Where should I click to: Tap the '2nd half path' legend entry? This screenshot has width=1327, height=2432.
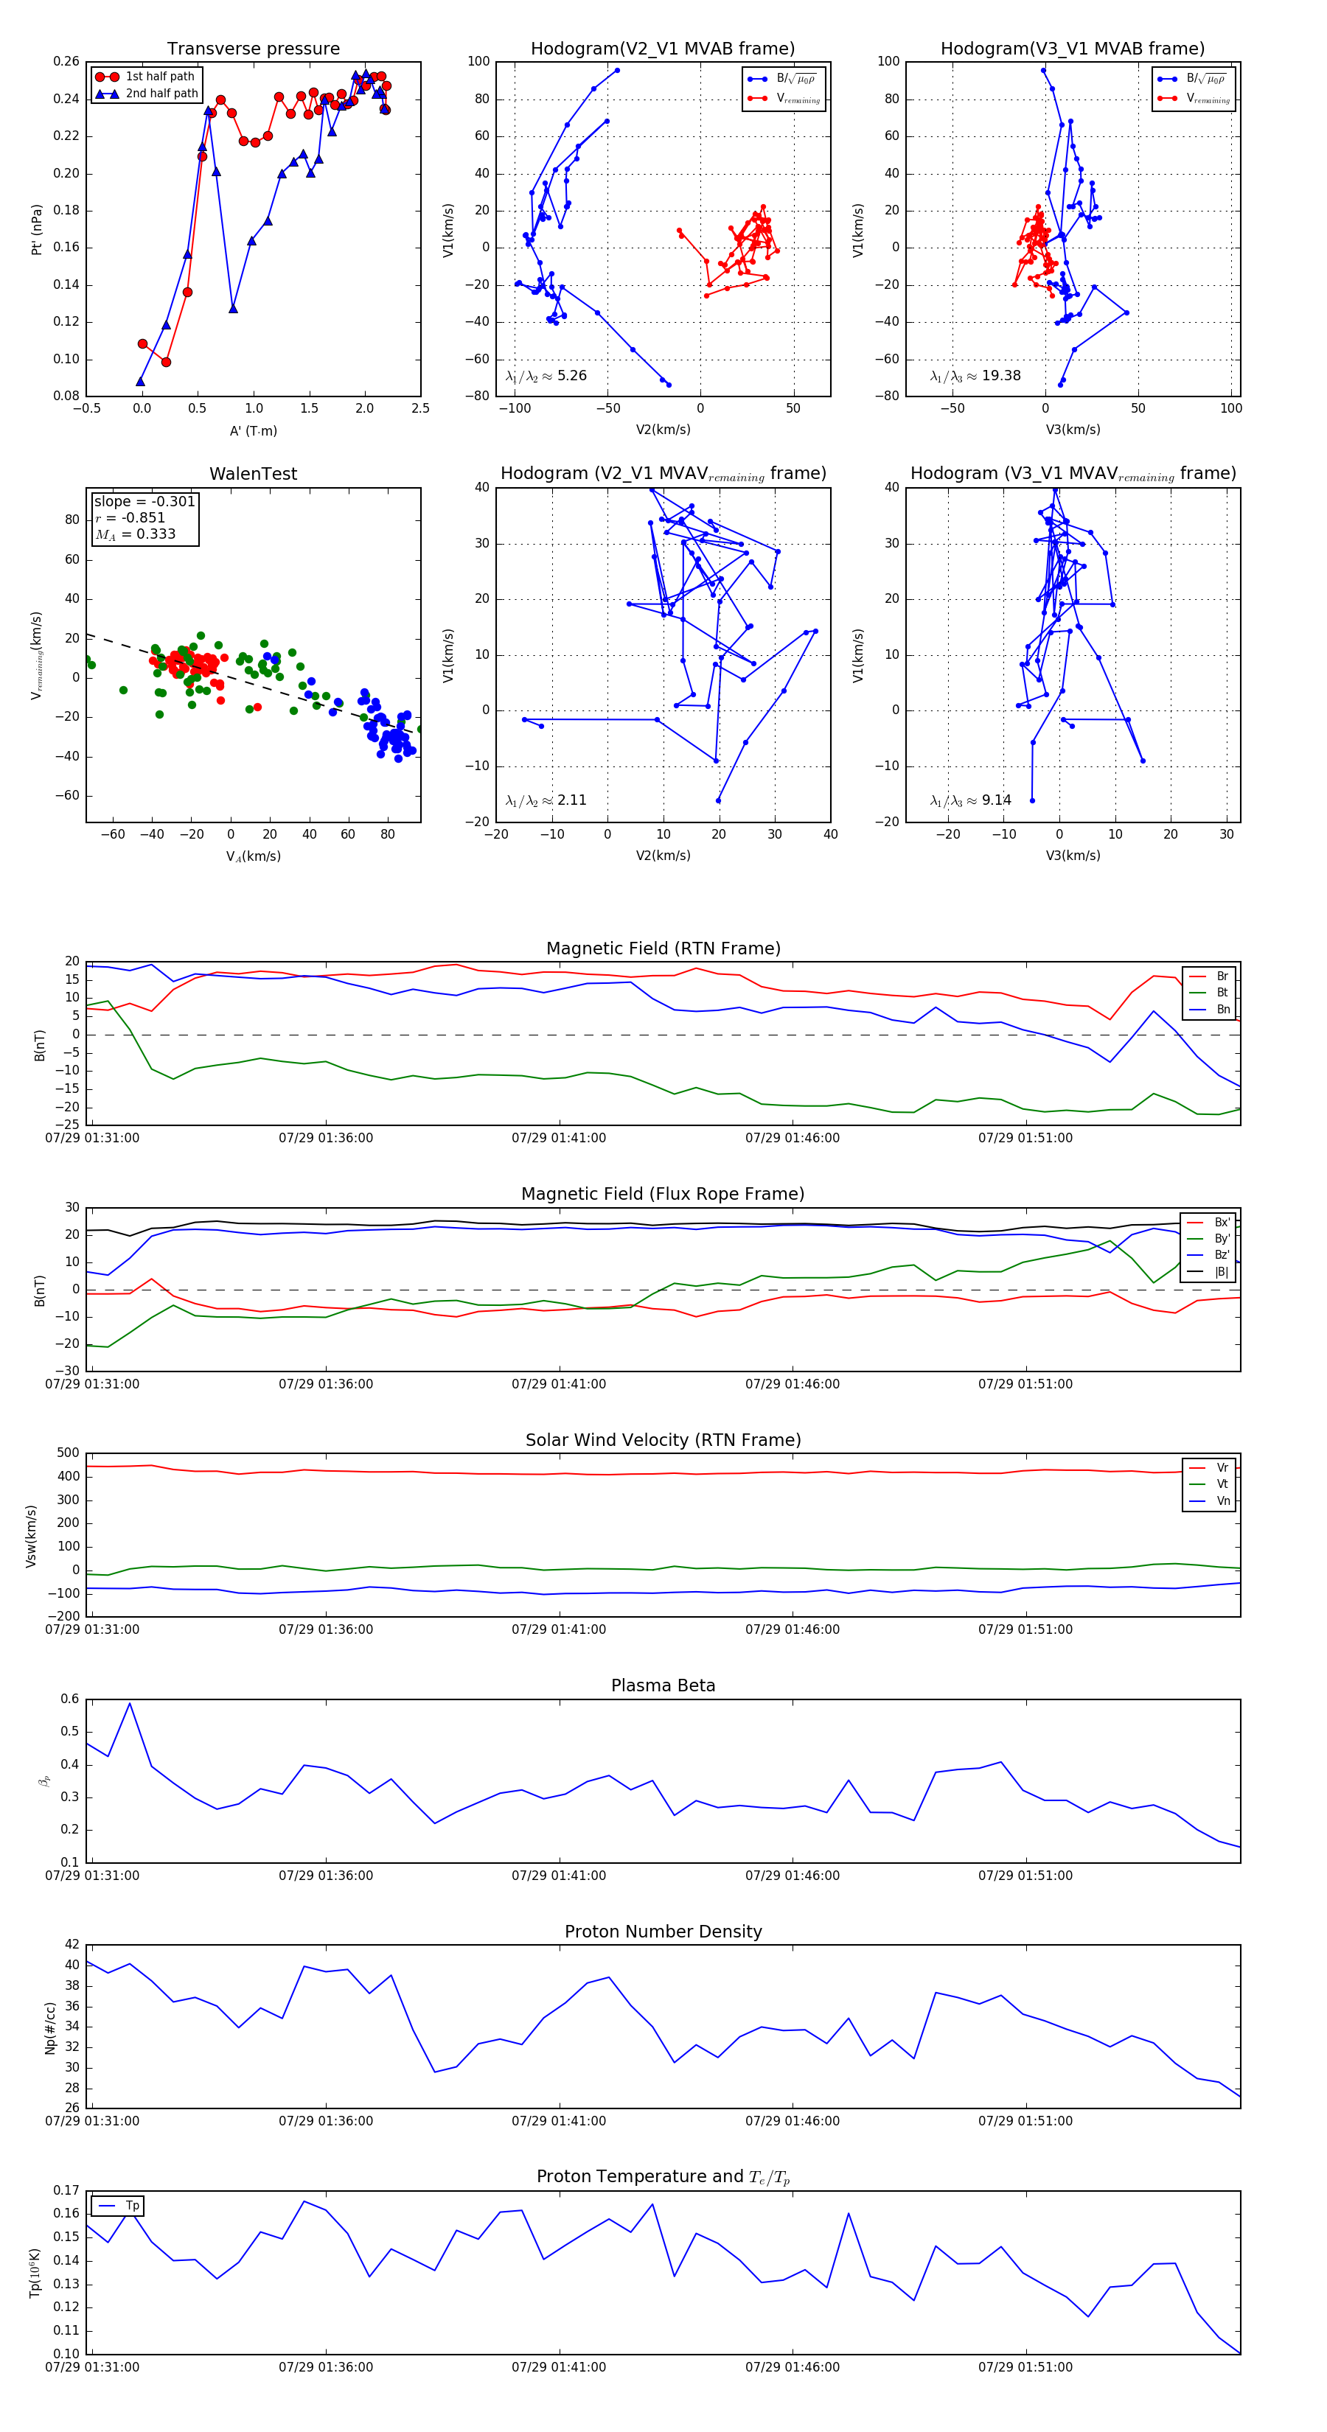161,94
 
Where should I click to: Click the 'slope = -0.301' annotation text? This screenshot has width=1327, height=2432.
144,501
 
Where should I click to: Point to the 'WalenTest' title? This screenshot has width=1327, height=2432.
253,474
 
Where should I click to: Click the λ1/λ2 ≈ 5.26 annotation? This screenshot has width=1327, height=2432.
546,376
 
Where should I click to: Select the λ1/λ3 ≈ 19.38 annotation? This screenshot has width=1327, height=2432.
975,376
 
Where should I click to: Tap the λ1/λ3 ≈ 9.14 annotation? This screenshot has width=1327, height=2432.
970,800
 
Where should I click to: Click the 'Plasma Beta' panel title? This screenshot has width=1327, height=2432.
663,1685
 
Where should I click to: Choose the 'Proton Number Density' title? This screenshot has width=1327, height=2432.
663,1932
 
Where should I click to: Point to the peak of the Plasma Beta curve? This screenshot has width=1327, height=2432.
130,1703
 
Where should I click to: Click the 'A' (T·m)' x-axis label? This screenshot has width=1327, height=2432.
253,431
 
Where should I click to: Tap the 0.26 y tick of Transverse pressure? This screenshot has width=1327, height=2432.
66,61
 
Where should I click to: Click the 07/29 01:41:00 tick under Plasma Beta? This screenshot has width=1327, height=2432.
559,1875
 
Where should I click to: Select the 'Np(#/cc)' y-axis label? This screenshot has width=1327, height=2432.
50,2028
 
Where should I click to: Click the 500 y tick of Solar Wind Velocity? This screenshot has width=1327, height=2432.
68,1453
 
